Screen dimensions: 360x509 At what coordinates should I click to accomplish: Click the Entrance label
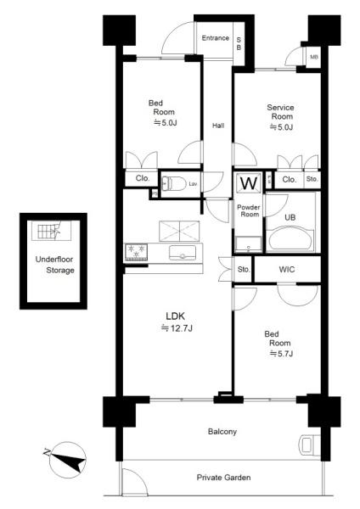point(215,38)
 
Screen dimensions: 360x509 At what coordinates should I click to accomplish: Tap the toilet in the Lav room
point(173,184)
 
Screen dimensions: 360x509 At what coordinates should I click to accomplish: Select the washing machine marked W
point(249,183)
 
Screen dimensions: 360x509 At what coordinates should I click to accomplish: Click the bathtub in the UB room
point(291,239)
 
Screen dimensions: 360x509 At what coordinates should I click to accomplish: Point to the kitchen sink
point(183,253)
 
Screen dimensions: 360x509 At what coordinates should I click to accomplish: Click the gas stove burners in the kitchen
point(136,252)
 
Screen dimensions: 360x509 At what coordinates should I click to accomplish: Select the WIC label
point(287,270)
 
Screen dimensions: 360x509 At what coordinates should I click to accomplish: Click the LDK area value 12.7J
point(177,328)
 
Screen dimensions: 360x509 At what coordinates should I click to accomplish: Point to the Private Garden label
point(223,478)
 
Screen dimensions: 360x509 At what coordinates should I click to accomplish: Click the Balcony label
point(222,432)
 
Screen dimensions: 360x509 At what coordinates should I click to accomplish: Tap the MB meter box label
point(313,57)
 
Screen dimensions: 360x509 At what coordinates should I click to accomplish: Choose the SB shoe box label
point(239,43)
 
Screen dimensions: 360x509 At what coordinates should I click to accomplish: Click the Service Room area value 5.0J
point(281,127)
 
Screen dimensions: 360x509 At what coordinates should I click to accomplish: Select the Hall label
point(218,126)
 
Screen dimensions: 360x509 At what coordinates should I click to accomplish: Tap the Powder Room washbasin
point(249,244)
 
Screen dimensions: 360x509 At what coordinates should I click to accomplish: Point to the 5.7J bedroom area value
point(281,354)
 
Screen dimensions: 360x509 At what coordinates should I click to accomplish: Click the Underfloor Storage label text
point(55,265)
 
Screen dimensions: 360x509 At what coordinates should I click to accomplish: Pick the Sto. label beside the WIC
point(244,270)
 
